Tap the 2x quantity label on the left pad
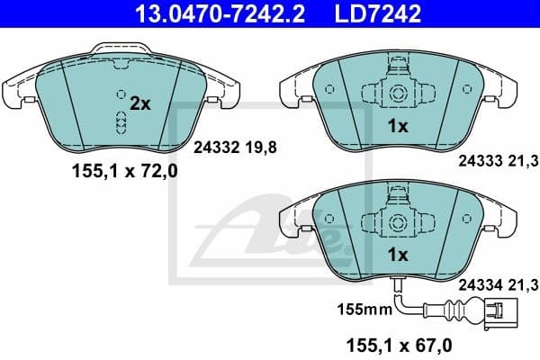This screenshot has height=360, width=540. tap(139, 104)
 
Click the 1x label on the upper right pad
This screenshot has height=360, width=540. tap(398, 128)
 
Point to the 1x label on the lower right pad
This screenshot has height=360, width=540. tap(397, 255)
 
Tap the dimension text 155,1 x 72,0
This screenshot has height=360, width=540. tap(124, 173)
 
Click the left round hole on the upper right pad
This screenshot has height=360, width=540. tap(329, 89)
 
